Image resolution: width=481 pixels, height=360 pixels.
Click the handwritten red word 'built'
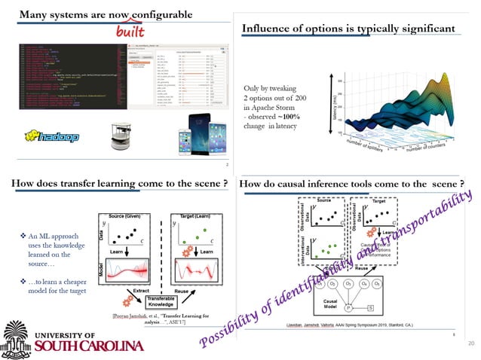pyautogui.click(x=130, y=32)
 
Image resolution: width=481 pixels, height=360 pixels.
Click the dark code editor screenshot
pyautogui.click(x=72, y=78)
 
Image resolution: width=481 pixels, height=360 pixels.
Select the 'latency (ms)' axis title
pyautogui.click(x=329, y=105)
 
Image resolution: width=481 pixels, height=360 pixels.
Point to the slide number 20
pyautogui.click(x=471, y=343)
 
